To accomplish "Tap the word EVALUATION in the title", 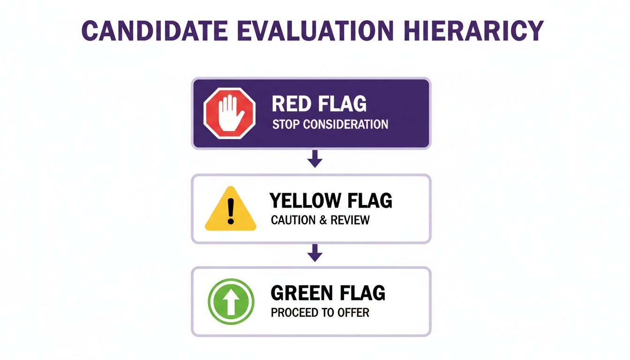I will coord(314,31).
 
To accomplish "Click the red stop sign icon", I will coord(229,113).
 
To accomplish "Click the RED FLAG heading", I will coord(319,104).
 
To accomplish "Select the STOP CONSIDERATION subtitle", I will coord(330,125).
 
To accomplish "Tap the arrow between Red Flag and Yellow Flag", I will coord(315,161).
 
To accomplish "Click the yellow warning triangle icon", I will coord(230,210).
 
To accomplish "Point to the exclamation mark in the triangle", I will coord(230,211).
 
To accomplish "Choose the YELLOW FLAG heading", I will coord(330,201).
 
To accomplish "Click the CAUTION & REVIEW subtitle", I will coord(320,220).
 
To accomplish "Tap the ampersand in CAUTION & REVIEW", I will coord(323,220).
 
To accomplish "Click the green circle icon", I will coord(231,301).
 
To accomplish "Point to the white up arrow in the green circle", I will coord(231,301).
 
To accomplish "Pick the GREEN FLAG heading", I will coord(328,293).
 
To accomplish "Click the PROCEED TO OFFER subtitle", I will coord(320,313).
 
